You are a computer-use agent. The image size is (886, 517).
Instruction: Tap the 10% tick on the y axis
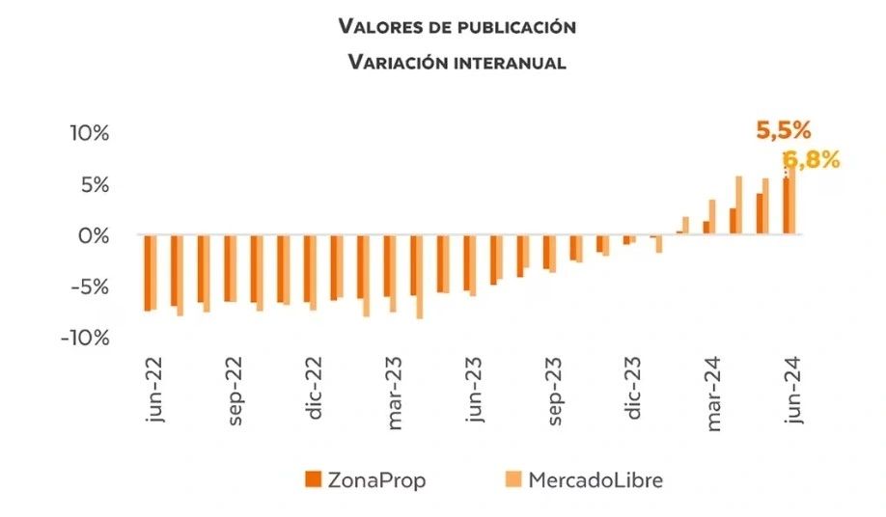click(x=88, y=132)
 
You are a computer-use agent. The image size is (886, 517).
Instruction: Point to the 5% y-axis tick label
click(x=94, y=183)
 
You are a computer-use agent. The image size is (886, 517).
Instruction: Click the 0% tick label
click(x=94, y=234)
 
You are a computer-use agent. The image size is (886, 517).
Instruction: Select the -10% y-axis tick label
click(x=85, y=338)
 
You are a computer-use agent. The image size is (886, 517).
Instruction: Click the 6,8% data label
click(x=810, y=160)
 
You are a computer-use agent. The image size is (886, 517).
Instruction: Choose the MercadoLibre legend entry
click(x=585, y=479)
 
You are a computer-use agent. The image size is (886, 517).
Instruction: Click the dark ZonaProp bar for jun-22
click(x=148, y=273)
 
